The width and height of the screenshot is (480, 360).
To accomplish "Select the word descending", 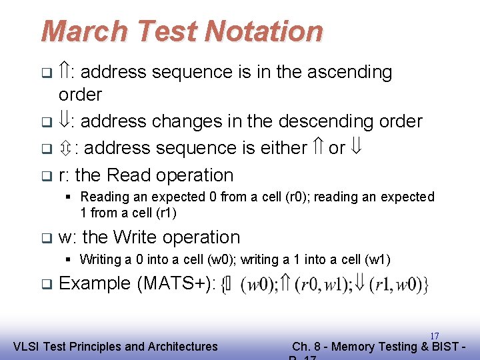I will click(x=319, y=121).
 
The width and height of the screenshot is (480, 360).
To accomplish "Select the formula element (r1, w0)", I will click(x=398, y=285).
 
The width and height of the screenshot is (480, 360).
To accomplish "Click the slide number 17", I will click(x=434, y=336).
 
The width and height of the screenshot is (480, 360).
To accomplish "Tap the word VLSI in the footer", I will click(x=28, y=346).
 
